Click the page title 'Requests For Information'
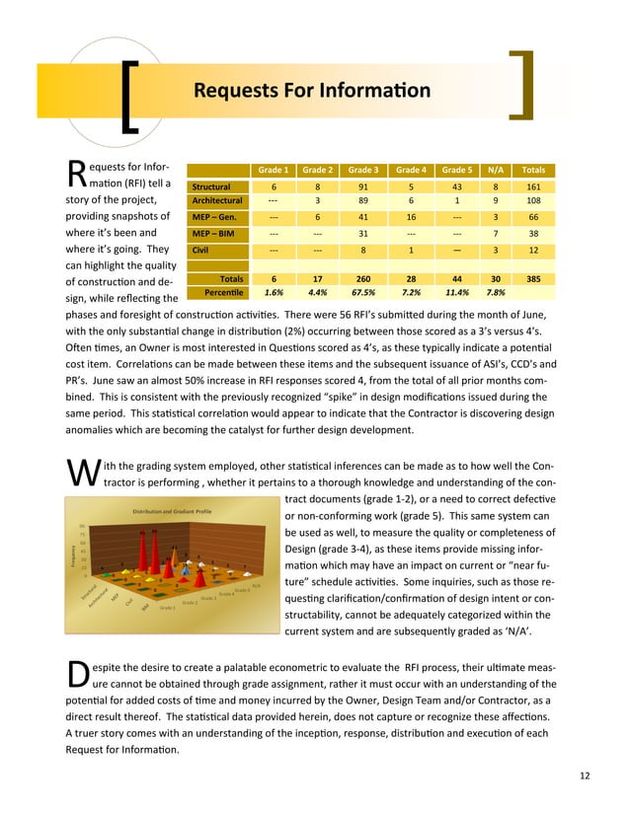point(311,92)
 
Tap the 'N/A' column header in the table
point(495,169)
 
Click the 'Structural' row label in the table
point(211,185)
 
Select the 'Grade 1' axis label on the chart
point(168,609)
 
